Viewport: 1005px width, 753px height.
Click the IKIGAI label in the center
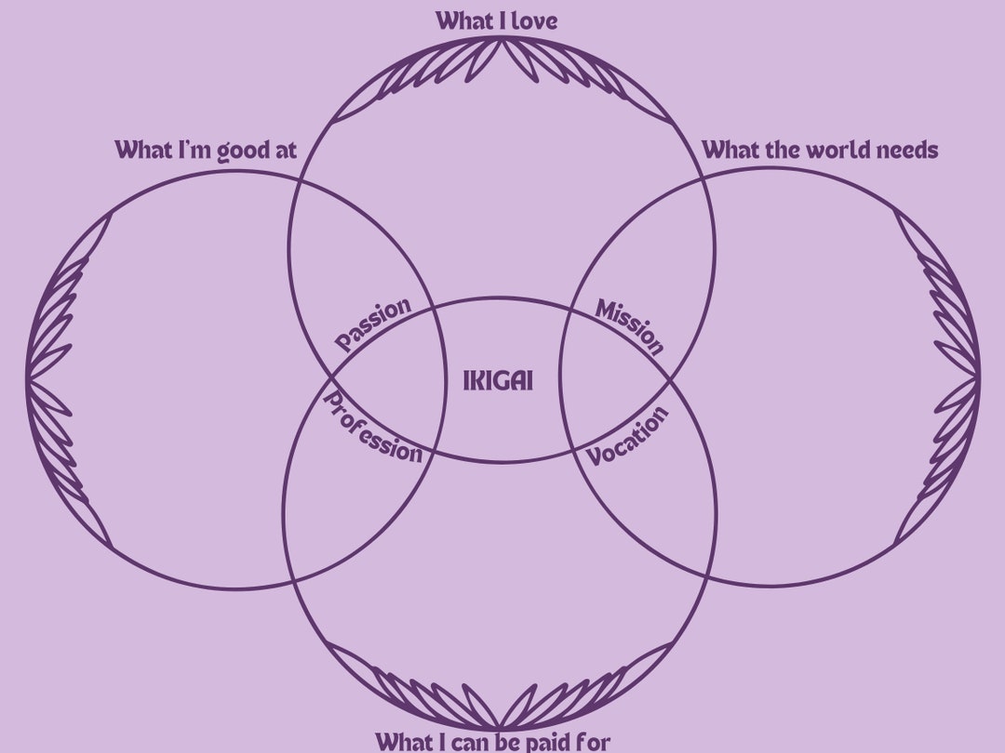click(498, 381)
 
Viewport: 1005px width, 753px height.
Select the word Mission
click(631, 326)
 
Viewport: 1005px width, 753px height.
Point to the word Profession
click(372, 429)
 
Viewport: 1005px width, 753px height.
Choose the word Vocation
click(628, 436)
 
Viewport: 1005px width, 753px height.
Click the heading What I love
click(497, 20)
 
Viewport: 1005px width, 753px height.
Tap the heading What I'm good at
click(206, 150)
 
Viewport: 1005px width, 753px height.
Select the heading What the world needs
click(819, 150)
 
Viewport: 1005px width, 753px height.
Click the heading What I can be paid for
click(493, 741)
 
